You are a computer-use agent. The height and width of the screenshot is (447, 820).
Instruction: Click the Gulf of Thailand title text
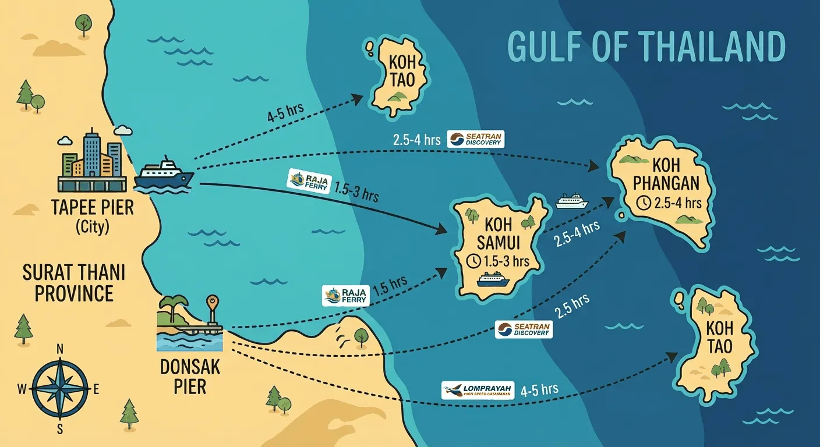click(646, 47)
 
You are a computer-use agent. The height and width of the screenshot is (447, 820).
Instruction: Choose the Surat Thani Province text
click(74, 283)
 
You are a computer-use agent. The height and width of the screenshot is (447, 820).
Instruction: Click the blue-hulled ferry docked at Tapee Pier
click(164, 174)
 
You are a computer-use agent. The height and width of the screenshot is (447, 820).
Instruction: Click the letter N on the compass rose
click(59, 349)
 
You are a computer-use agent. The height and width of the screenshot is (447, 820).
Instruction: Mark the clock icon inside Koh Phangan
click(643, 203)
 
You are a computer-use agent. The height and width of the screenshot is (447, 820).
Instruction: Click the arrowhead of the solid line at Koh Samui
click(446, 232)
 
